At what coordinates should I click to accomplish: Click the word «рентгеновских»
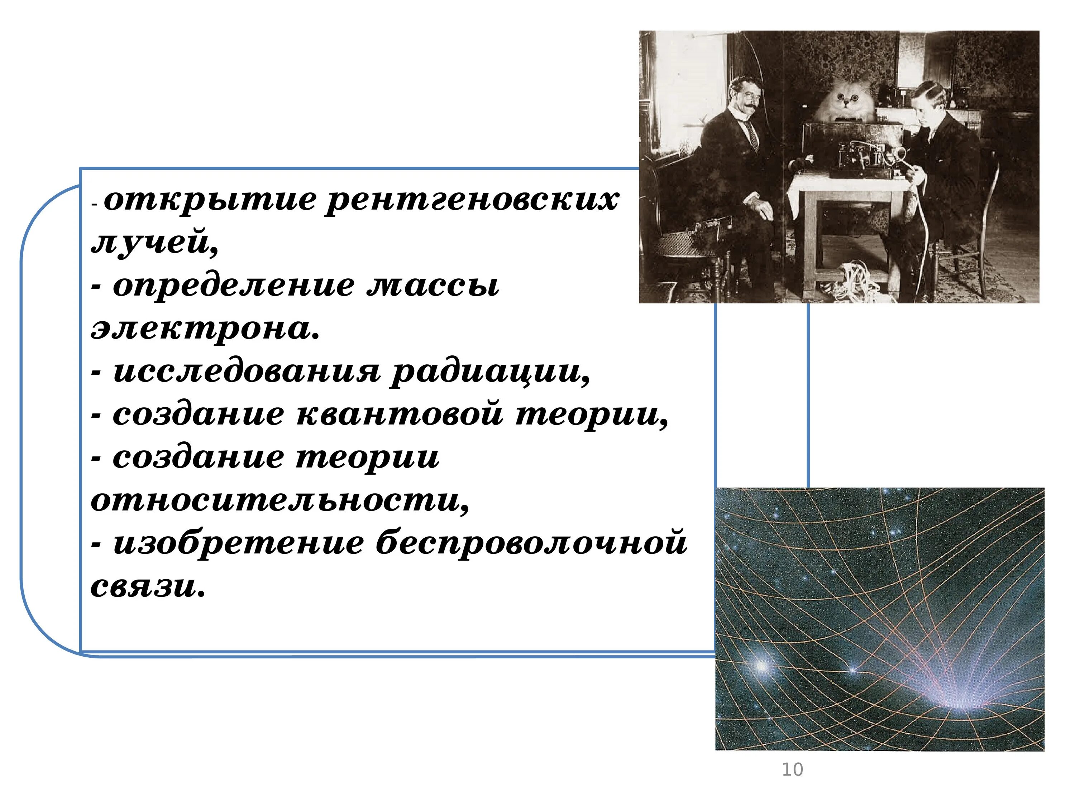pyautogui.click(x=472, y=201)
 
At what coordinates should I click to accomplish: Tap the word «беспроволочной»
pyautogui.click(x=531, y=544)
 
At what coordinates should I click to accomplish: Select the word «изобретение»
pyautogui.click(x=238, y=544)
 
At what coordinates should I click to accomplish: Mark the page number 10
pyautogui.click(x=792, y=769)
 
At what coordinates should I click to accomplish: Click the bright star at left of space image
pyautogui.click(x=761, y=666)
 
